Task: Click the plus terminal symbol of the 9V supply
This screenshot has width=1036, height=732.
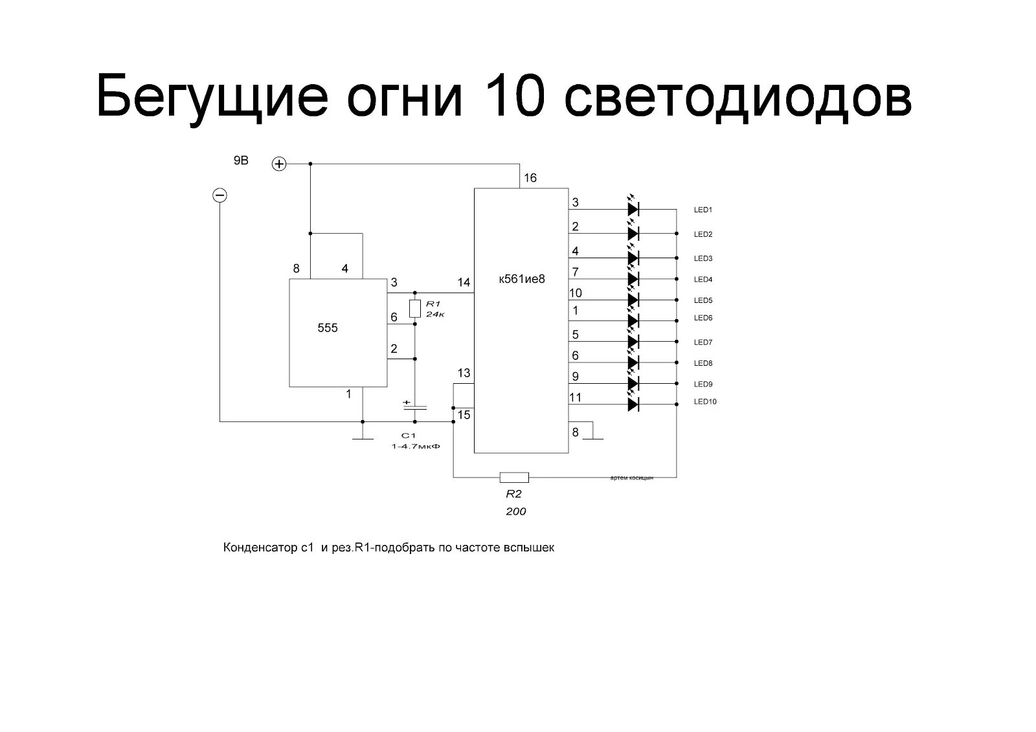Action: [278, 164]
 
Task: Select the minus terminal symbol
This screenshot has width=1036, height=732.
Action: [220, 195]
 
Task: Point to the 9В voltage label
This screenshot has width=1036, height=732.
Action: [241, 161]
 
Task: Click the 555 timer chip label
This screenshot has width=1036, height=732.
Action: [328, 328]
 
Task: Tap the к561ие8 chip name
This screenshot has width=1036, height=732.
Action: [522, 280]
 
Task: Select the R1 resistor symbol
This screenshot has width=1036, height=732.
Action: [416, 309]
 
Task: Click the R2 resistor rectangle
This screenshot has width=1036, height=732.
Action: [514, 478]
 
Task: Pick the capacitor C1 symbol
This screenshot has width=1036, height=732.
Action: [416, 408]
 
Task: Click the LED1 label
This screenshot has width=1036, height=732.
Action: [703, 210]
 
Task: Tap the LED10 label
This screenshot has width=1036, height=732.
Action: [705, 402]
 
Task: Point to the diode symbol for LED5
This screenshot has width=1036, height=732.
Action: [633, 300]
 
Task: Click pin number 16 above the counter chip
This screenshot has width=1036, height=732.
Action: [530, 178]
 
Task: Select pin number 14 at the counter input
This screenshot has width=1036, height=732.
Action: [464, 282]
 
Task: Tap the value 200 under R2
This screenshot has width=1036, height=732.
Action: [515, 511]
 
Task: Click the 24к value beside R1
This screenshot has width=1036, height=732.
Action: [436, 314]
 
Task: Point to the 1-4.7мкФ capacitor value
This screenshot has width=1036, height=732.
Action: [411, 447]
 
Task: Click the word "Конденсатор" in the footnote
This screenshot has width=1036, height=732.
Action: [259, 548]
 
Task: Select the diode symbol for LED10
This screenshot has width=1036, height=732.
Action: [633, 405]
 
